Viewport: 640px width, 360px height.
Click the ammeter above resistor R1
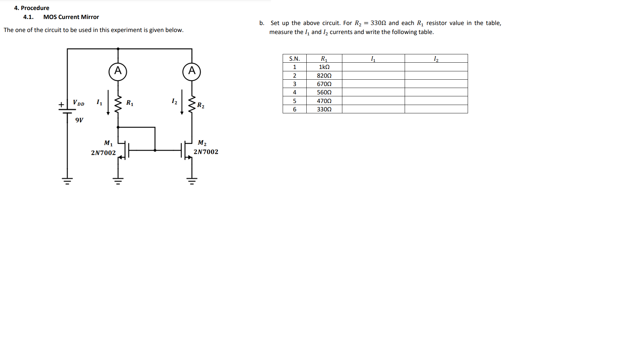(118, 71)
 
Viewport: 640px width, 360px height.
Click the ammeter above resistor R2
(192, 71)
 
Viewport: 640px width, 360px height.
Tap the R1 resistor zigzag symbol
(118, 104)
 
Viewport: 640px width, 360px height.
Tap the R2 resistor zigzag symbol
(192, 104)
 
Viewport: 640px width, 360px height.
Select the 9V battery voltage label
(79, 120)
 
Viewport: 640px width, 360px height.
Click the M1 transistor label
(108, 143)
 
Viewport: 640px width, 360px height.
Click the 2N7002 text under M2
(206, 152)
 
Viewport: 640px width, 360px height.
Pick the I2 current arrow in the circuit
(182, 102)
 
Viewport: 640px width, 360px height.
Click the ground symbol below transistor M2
(192, 181)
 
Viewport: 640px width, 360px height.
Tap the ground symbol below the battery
(67, 181)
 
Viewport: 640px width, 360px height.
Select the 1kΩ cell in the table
(324, 67)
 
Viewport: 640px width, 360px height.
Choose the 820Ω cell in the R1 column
(324, 76)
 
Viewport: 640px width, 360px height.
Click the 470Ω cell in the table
(324, 101)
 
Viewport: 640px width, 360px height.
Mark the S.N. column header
(294, 59)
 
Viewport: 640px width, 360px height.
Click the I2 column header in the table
(436, 59)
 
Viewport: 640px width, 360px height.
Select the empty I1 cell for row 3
(373, 84)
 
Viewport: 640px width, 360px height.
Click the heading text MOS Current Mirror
(71, 17)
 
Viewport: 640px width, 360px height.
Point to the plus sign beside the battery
(61, 105)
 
